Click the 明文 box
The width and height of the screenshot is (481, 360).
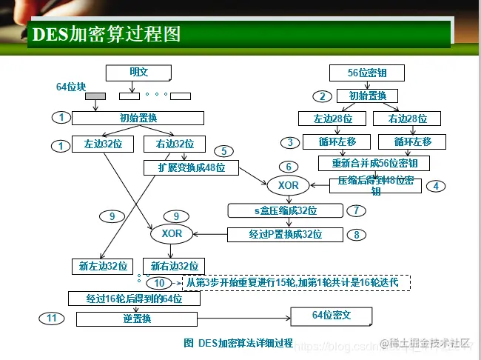coord(138,72)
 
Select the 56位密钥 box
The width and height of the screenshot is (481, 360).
coord(367,72)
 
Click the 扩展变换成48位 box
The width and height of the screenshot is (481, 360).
coord(191,167)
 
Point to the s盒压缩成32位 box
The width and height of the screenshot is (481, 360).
coord(285,211)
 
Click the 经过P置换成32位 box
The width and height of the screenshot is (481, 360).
coord(285,235)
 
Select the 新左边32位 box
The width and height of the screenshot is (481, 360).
coord(103,265)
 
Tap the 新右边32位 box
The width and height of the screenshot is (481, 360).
coord(174,265)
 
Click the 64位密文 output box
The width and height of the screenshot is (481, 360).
coord(331,316)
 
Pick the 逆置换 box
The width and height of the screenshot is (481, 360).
coord(137,319)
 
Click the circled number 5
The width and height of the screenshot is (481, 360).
coord(223,151)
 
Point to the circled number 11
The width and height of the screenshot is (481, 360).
coord(51,318)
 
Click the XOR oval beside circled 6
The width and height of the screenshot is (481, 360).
coord(289,184)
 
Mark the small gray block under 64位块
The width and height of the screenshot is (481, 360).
coord(95,96)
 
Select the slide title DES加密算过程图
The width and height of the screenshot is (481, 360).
coord(107,34)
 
